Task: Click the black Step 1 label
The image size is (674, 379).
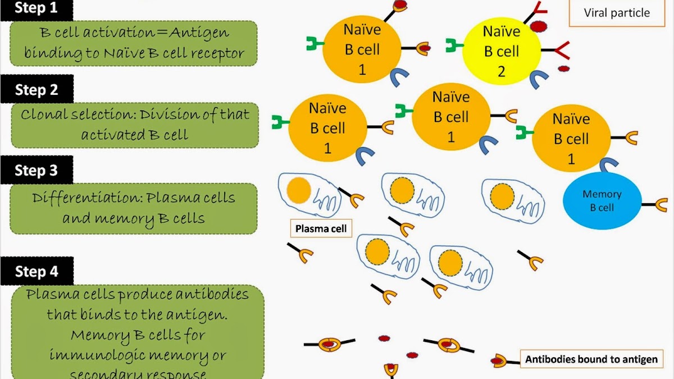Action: tap(37, 8)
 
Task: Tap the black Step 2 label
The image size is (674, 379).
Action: tap(37, 90)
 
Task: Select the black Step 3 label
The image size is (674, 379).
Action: tap(37, 170)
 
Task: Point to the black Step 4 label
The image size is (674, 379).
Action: tap(37, 272)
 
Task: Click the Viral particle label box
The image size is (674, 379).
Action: tap(617, 13)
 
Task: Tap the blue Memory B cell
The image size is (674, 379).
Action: tap(602, 201)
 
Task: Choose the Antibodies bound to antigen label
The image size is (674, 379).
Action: tap(591, 359)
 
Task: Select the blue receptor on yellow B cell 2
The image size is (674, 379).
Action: tap(539, 80)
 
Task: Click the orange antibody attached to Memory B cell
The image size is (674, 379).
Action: tap(661, 204)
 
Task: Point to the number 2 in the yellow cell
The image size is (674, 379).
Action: tap(501, 71)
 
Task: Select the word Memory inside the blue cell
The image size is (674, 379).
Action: tap(602, 194)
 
